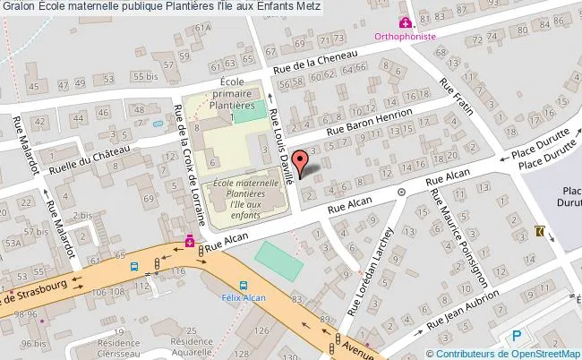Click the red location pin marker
304,162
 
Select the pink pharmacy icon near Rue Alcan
189,242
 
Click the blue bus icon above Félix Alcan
232,278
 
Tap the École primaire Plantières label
233,99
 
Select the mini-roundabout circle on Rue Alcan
402,192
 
